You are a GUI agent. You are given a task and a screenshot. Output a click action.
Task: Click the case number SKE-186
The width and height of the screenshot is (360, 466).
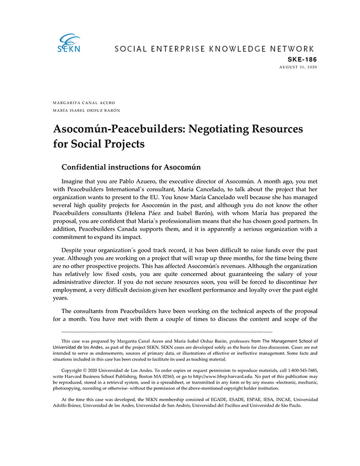tap(302, 60)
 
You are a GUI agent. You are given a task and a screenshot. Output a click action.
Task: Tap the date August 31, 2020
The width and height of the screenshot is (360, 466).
tap(298, 67)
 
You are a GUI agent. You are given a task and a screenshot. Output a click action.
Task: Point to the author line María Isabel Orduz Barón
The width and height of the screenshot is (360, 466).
tap(86, 110)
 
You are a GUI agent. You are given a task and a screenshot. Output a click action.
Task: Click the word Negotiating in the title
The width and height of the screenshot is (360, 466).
tap(221, 129)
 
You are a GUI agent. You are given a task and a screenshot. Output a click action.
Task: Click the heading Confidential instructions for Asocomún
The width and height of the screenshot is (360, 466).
tap(131, 167)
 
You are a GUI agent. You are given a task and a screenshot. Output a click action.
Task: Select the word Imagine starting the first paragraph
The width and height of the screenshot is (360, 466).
tap(74, 182)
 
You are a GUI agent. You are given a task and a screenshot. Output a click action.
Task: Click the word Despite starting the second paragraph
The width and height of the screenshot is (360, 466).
tap(73, 251)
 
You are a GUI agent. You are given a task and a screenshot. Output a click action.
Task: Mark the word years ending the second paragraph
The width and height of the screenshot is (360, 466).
tap(61, 297)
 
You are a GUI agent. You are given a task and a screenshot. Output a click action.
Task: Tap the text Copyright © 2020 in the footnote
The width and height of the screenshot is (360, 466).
tap(82, 370)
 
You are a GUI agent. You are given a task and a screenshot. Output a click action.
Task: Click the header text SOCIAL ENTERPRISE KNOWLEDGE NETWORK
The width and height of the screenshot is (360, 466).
tap(214, 49)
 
